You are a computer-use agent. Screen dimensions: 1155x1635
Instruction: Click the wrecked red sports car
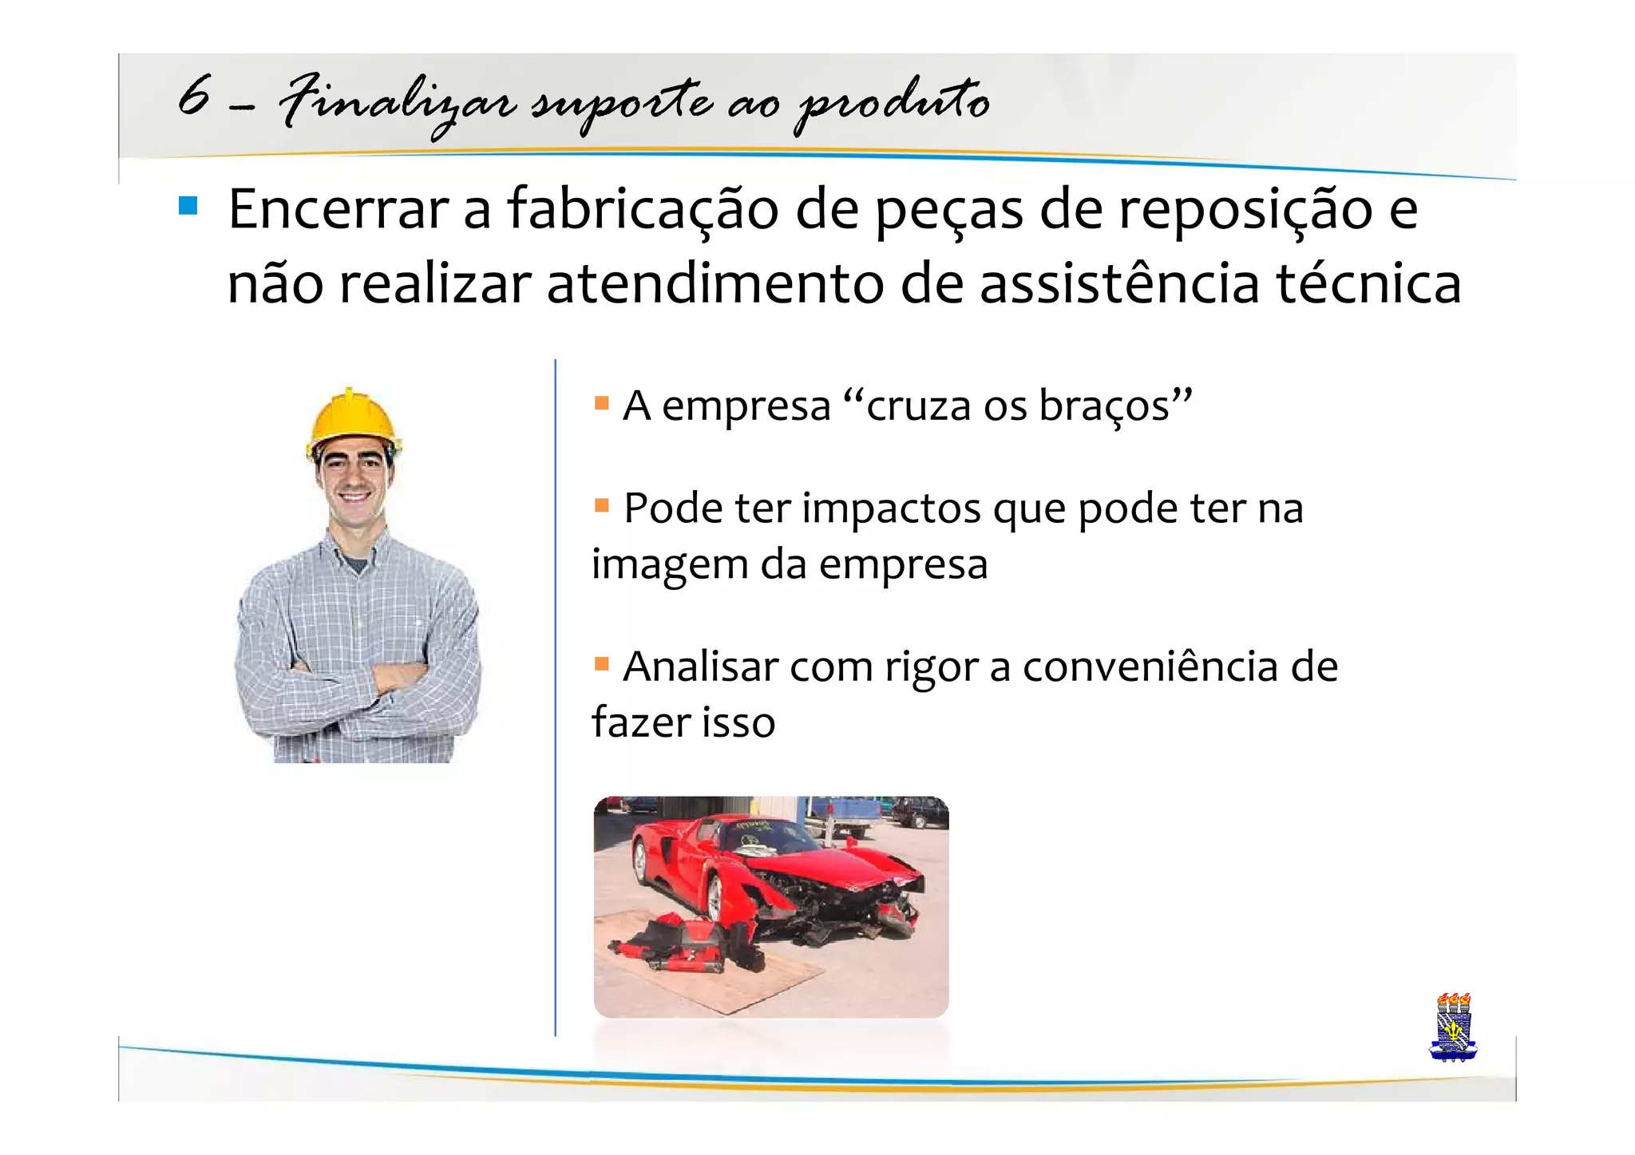pyautogui.click(x=778, y=878)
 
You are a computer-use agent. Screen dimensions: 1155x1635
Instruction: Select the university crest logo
pyautogui.click(x=1453, y=1027)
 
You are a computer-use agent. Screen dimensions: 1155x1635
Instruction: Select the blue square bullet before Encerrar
pyautogui.click(x=188, y=207)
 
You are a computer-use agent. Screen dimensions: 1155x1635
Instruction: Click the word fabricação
pyautogui.click(x=643, y=209)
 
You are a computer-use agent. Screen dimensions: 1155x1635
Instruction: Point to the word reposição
pyautogui.click(x=1245, y=209)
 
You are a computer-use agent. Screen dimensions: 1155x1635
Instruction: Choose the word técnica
pyautogui.click(x=1368, y=284)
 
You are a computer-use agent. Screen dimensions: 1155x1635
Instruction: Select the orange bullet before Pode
pyautogui.click(x=602, y=505)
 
